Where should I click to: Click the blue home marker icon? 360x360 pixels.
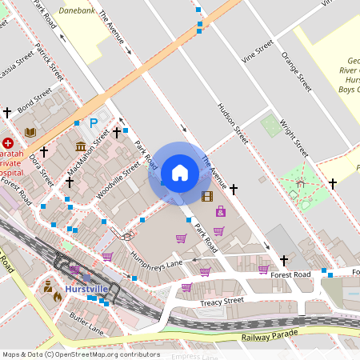click(180, 173)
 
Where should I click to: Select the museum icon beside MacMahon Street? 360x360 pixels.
click(81, 146)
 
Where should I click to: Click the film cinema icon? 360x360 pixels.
click(208, 196)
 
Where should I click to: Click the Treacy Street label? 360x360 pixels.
click(222, 302)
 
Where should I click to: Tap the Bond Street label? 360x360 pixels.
click(34, 105)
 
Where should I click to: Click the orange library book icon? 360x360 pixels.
click(30, 132)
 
